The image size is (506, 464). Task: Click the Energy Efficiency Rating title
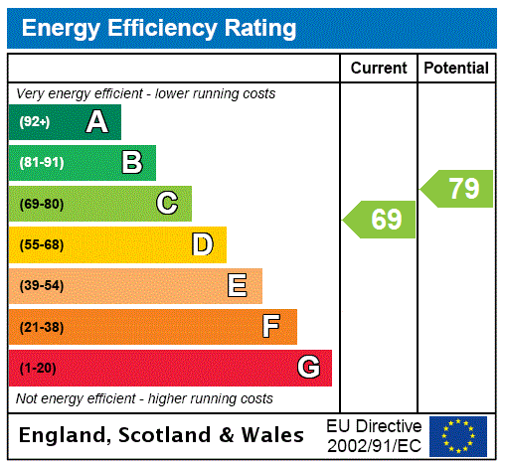click(x=159, y=28)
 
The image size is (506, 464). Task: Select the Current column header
click(x=379, y=68)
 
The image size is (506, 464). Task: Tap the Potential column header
click(x=456, y=68)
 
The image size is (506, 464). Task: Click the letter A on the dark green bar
click(x=96, y=122)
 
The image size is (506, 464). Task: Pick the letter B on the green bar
click(x=131, y=163)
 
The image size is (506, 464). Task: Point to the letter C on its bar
click(x=167, y=204)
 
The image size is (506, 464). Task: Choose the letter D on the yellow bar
click(x=202, y=244)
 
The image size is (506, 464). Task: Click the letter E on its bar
click(x=238, y=286)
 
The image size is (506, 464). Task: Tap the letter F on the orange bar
click(x=271, y=327)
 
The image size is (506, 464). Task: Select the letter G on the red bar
click(x=308, y=368)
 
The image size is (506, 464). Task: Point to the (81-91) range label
click(x=41, y=163)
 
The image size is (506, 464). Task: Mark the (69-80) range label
click(x=41, y=204)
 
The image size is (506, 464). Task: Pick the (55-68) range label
click(x=41, y=244)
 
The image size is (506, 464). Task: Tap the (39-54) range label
click(x=41, y=286)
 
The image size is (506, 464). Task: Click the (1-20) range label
click(x=38, y=368)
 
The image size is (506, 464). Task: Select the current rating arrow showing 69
click(x=381, y=220)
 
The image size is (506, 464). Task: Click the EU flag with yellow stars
click(x=458, y=435)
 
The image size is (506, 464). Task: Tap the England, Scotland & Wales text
click(x=162, y=435)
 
